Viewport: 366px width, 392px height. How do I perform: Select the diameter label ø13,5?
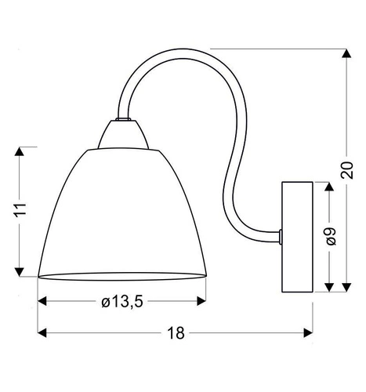tap(123, 301)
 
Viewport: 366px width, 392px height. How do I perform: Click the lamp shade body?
tap(121, 212)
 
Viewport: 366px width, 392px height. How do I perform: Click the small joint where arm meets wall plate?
tap(280, 234)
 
